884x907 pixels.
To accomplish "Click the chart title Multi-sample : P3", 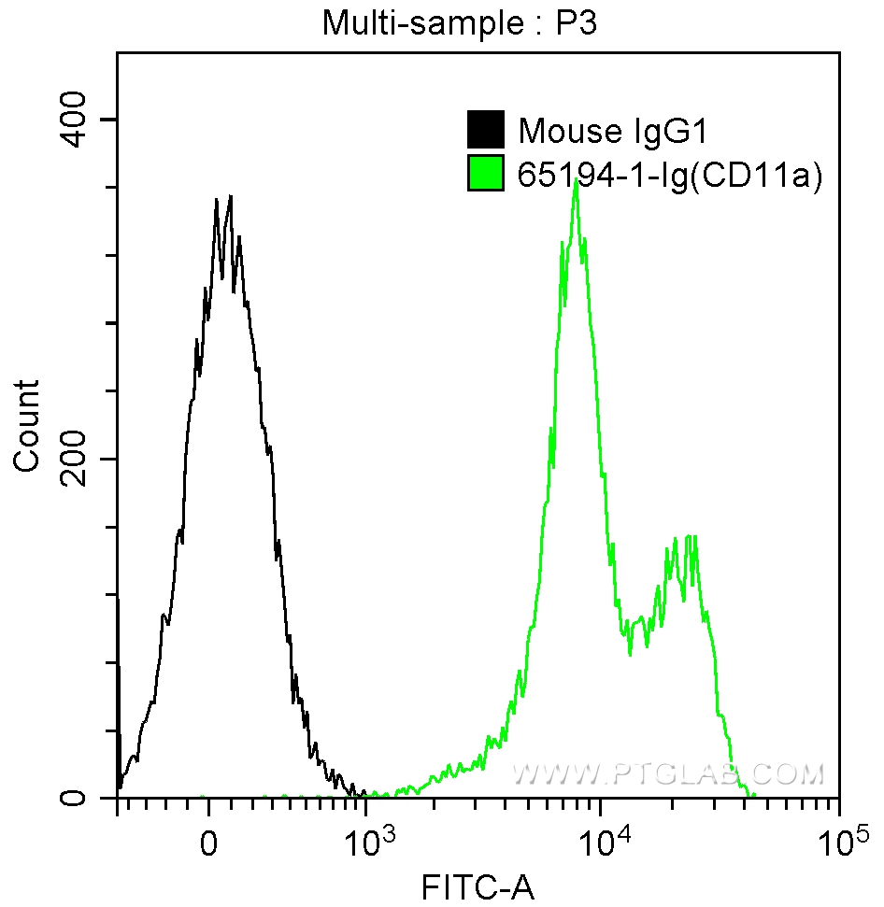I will tap(459, 23).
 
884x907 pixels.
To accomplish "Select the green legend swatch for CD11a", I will tap(485, 174).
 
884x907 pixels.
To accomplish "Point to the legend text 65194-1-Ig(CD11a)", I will tap(669, 175).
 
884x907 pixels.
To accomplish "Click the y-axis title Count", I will tap(27, 425).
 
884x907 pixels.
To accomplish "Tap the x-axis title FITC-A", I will tap(478, 885).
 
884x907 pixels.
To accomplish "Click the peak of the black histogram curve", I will tap(230, 197).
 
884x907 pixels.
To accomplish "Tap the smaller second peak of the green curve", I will tap(690, 537).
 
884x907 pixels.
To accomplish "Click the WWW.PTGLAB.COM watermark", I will tap(669, 773).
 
